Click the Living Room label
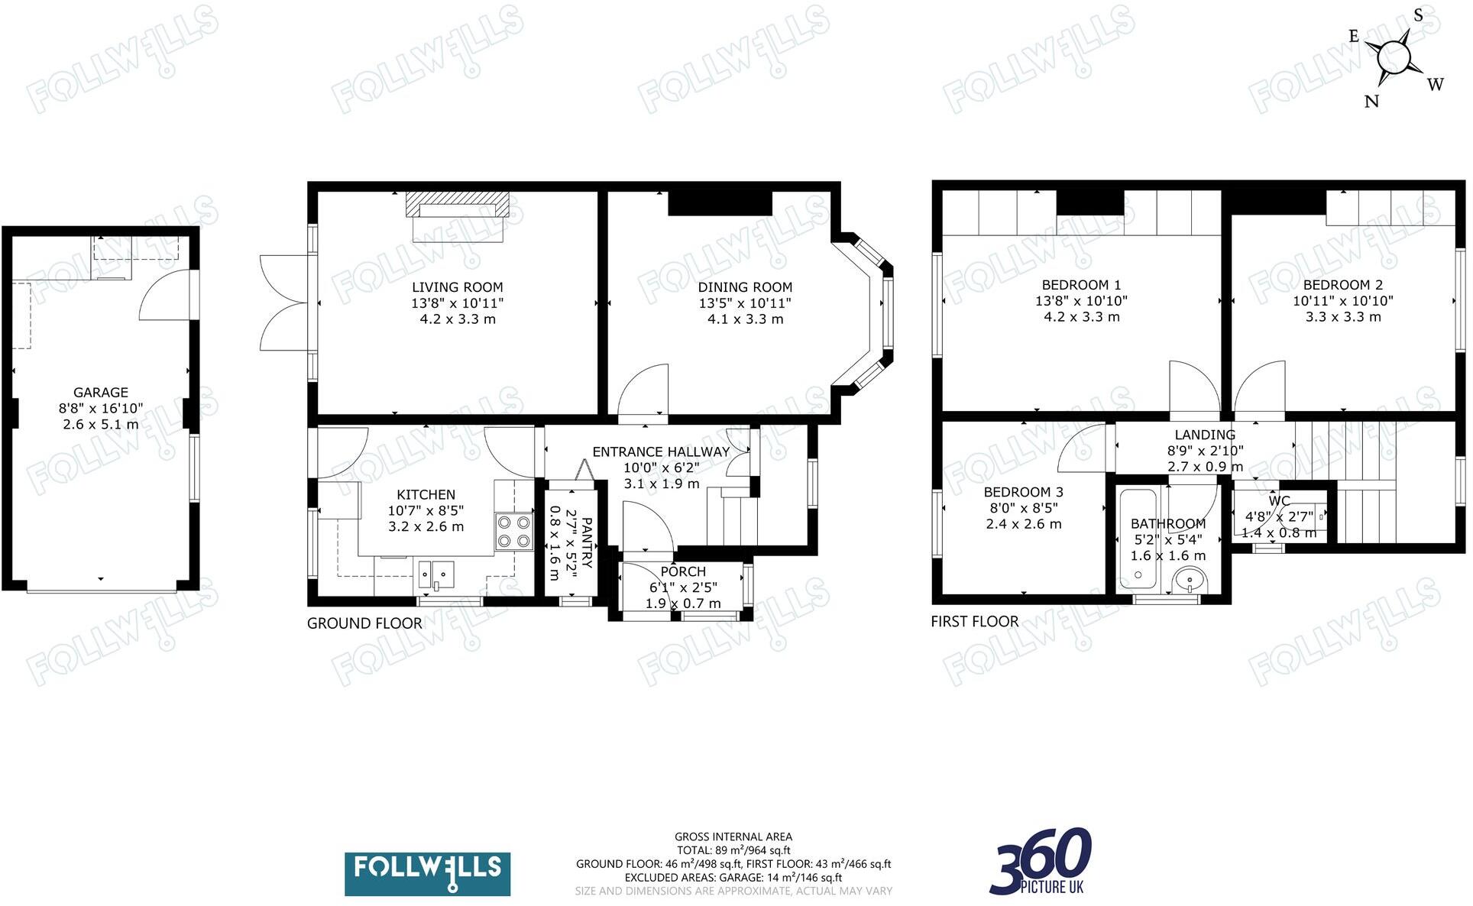pyautogui.click(x=457, y=287)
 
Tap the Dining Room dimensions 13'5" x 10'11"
pyautogui.click(x=744, y=303)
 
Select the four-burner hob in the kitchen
pyautogui.click(x=513, y=532)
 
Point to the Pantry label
pyautogui.click(x=587, y=543)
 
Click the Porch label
pyautogui.click(x=682, y=571)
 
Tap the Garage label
pyautogui.click(x=100, y=392)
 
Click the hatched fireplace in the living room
pyautogui.click(x=457, y=204)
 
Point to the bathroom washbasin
pyautogui.click(x=1190, y=581)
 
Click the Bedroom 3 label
pyautogui.click(x=1022, y=492)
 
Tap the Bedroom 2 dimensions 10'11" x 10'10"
pyautogui.click(x=1342, y=301)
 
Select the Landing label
pyautogui.click(x=1204, y=435)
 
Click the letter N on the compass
pyautogui.click(x=1371, y=101)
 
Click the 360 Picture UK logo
pyautogui.click(x=1041, y=862)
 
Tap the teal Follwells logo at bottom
pyautogui.click(x=427, y=873)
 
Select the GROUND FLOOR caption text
pyautogui.click(x=364, y=623)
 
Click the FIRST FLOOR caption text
pyautogui.click(x=974, y=622)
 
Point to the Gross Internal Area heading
pyautogui.click(x=733, y=836)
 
